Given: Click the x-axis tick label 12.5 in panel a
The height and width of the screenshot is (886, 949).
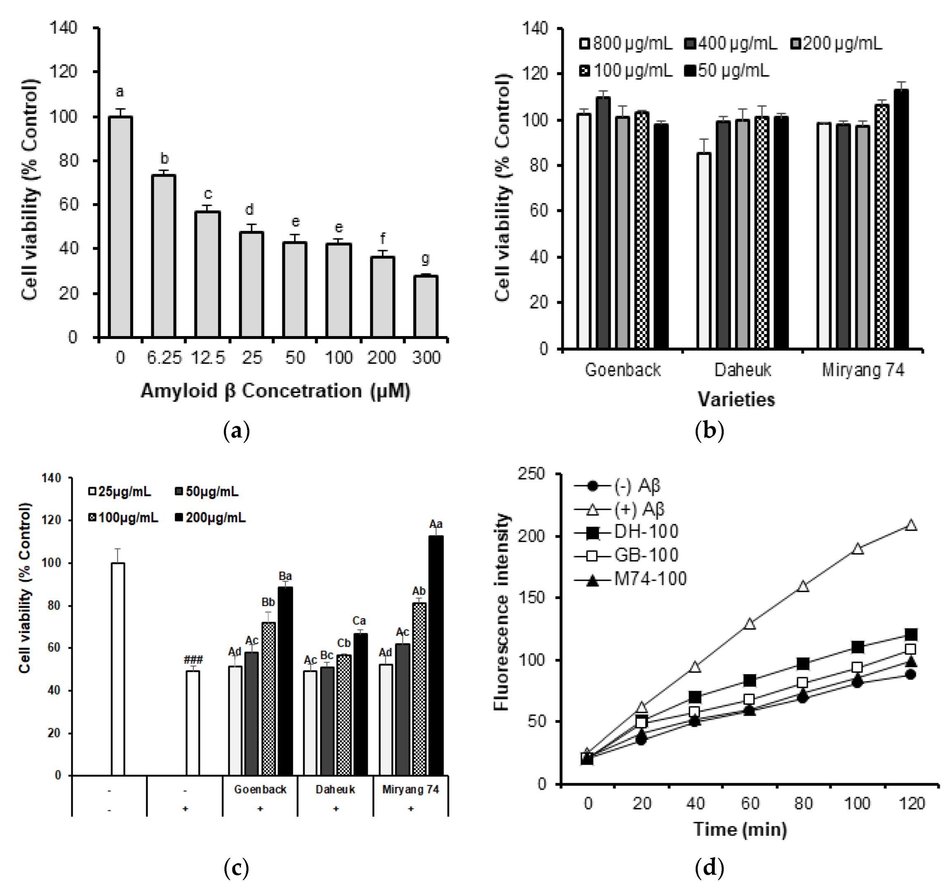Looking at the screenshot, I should coord(208,358).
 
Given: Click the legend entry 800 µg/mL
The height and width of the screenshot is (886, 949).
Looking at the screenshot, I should coord(626,43).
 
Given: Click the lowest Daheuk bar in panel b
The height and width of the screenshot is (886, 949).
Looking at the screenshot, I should coord(704,250).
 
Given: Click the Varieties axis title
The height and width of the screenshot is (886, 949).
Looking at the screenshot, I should coord(736,399).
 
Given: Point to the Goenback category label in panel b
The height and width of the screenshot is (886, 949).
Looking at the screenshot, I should coord(623,370).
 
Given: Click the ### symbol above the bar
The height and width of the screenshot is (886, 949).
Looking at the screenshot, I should coord(193,660).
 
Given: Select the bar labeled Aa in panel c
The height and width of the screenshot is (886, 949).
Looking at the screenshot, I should coord(435,656).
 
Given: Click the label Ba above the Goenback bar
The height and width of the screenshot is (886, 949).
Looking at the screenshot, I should coord(285,576).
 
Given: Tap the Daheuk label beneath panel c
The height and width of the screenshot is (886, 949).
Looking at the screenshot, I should coord(335,790).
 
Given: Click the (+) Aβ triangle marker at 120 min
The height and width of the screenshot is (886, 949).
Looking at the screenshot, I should coord(911,525).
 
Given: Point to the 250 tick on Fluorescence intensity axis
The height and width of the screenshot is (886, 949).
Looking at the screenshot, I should coord(531,474).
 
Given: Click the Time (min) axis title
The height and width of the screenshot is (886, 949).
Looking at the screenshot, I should coord(740,829).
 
